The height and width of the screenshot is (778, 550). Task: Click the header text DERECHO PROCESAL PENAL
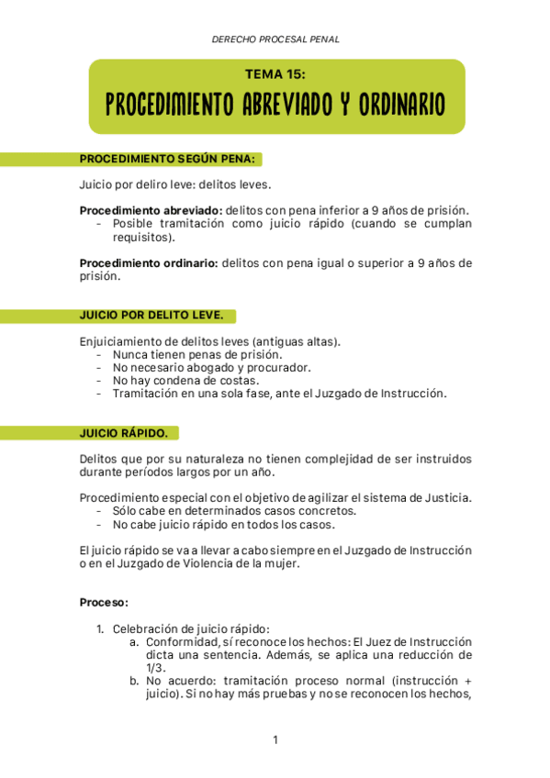[275, 39]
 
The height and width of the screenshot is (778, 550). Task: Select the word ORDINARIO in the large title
[392, 104]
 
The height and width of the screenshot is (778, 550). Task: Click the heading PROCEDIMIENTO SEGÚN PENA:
[167, 159]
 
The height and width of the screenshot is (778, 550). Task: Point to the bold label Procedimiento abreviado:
[151, 210]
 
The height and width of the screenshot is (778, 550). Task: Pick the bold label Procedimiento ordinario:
[149, 262]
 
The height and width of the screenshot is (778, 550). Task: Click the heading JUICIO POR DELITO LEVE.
[152, 315]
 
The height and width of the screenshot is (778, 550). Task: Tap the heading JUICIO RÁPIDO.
[124, 432]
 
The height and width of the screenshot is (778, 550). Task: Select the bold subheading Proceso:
[104, 603]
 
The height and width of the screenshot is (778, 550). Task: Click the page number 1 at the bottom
[275, 739]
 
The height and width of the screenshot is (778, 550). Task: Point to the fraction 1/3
[153, 668]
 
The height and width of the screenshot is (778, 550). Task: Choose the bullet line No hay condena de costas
[186, 380]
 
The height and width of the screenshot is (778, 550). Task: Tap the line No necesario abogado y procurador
[212, 367]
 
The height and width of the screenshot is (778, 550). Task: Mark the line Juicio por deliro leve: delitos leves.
[175, 184]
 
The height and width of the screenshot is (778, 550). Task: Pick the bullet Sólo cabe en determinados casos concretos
[234, 511]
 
